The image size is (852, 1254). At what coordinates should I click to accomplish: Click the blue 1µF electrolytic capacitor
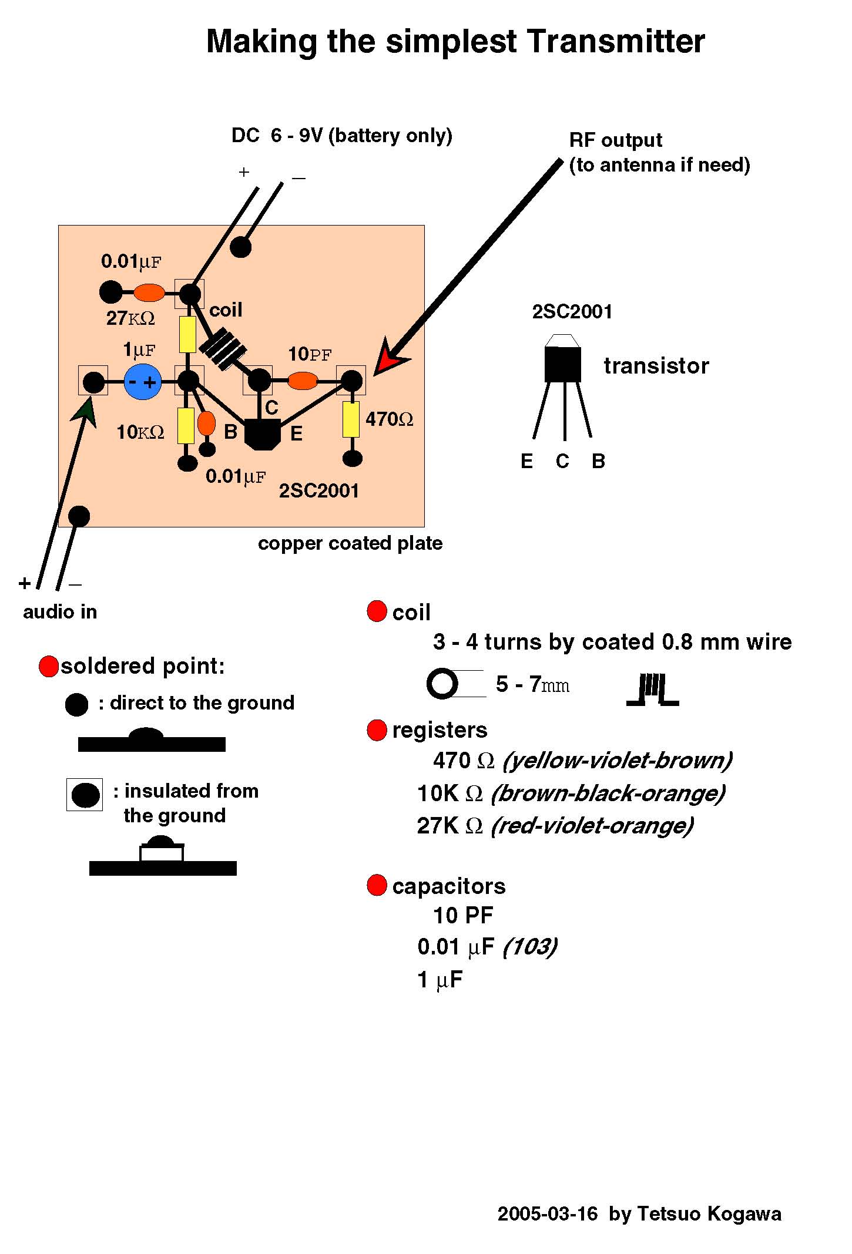142,382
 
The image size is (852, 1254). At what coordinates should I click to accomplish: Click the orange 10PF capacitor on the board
303,381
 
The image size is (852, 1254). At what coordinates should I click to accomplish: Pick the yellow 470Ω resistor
351,419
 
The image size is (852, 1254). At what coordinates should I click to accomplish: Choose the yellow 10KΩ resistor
186,425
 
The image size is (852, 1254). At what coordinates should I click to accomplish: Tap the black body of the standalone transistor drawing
563,364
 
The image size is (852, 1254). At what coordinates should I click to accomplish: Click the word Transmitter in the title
615,42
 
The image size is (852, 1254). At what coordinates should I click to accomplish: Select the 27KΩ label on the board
130,318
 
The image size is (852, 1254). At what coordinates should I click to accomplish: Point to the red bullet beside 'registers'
377,730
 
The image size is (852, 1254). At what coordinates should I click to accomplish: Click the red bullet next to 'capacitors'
377,886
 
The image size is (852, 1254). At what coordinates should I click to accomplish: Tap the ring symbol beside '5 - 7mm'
442,684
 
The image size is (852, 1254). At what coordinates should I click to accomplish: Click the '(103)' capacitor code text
530,946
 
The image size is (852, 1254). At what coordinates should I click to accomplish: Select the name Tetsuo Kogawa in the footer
709,1214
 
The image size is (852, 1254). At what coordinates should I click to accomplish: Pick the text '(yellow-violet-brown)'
618,760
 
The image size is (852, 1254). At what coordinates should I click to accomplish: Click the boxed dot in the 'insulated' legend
85,795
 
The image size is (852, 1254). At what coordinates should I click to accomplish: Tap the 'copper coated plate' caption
350,543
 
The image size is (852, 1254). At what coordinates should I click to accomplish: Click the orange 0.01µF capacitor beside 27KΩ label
149,292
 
